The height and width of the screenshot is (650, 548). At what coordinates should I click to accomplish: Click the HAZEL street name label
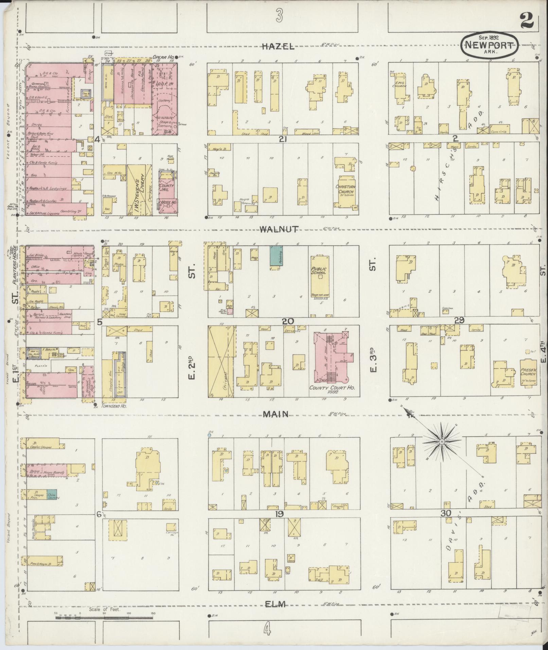[278, 47]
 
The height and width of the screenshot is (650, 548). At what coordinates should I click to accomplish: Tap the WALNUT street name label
[279, 229]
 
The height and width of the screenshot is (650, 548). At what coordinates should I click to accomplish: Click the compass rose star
[441, 441]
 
